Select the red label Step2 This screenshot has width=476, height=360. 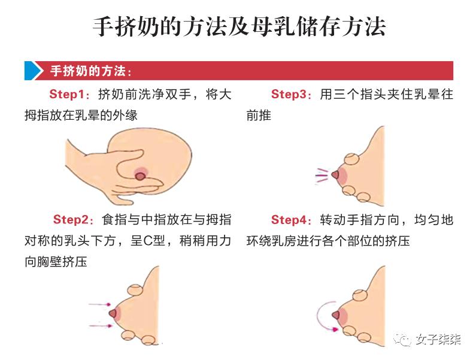(71, 220)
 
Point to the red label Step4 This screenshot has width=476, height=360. (290, 220)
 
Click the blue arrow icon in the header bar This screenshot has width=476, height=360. (34, 71)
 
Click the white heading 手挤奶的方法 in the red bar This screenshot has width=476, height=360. (90, 71)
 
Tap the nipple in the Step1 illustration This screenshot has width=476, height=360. (140, 176)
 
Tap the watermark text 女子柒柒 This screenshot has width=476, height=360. (439, 340)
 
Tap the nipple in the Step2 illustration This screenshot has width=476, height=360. (112, 313)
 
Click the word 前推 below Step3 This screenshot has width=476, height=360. (259, 115)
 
